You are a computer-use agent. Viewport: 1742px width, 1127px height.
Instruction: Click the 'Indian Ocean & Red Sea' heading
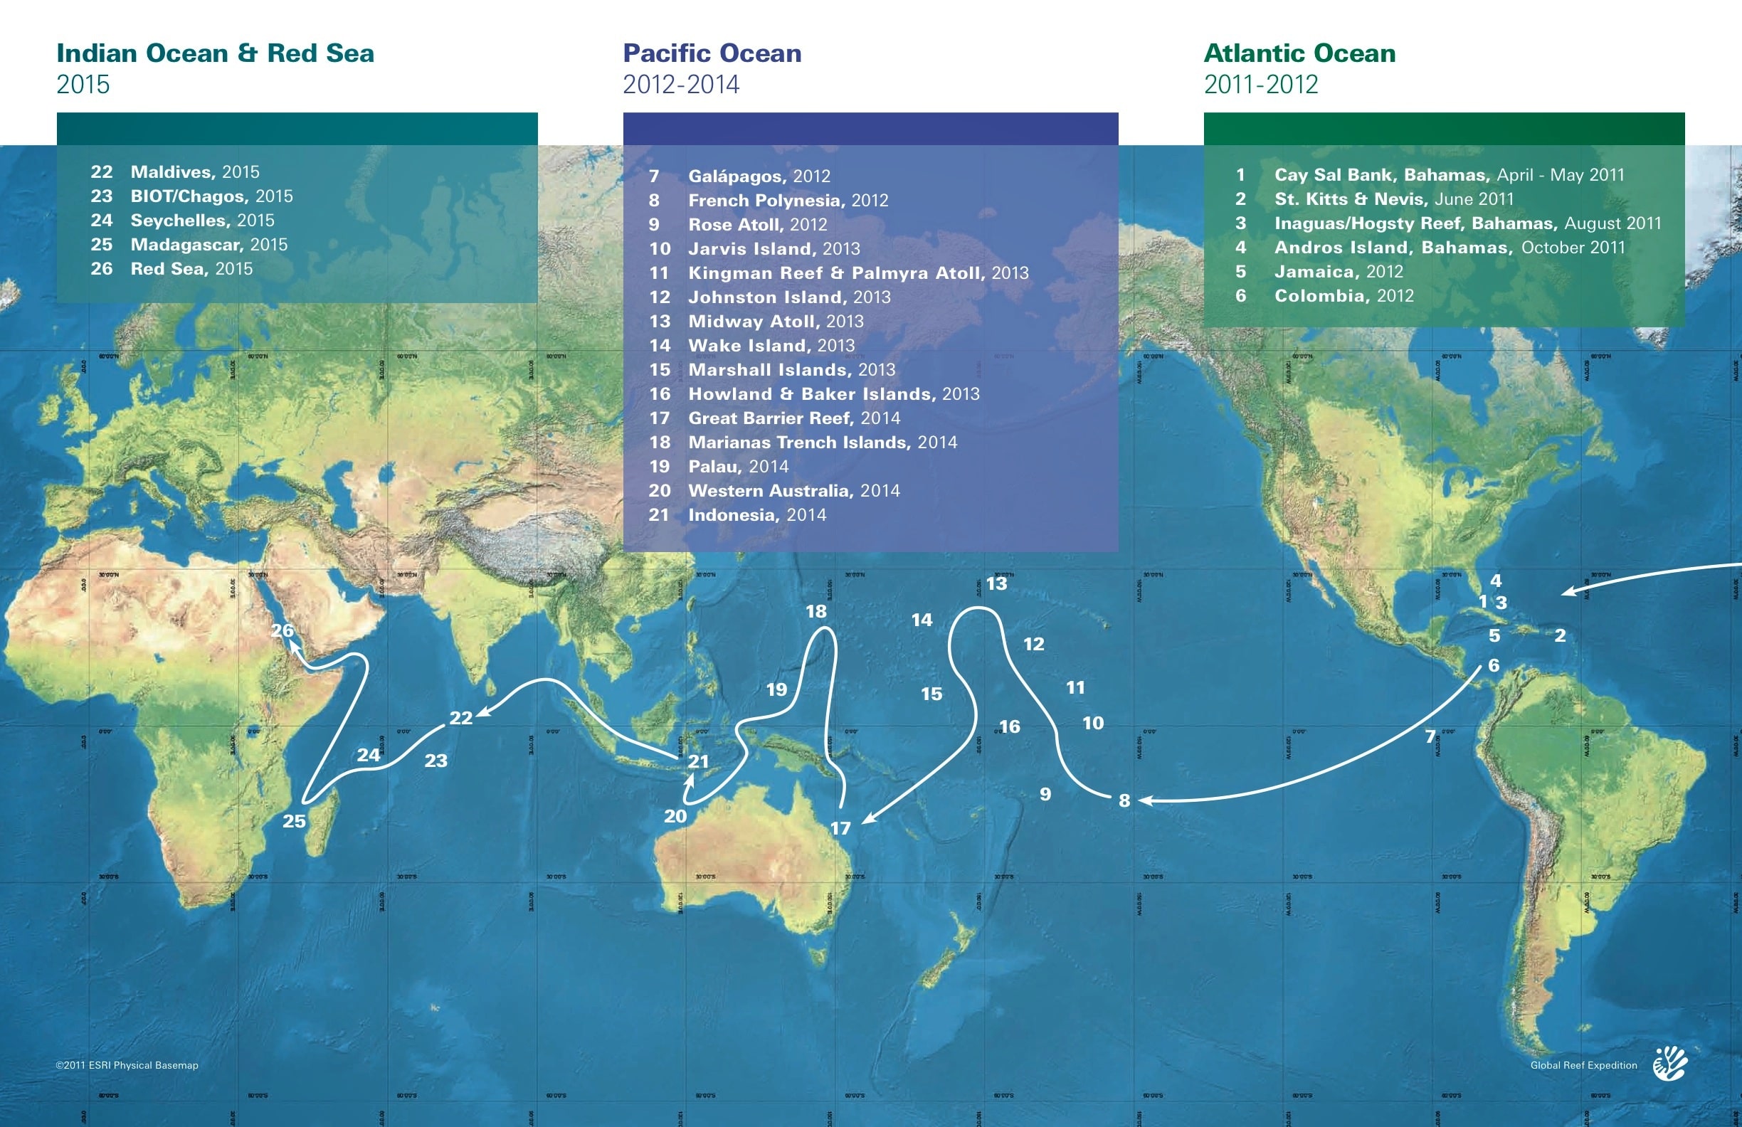click(215, 53)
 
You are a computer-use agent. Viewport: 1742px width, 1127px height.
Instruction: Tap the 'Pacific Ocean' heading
click(712, 53)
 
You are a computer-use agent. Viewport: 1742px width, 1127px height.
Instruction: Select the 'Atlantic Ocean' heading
click(1299, 53)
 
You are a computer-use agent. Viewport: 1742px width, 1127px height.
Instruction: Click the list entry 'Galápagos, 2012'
click(759, 176)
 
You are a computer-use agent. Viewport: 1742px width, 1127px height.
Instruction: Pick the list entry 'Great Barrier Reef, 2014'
click(793, 418)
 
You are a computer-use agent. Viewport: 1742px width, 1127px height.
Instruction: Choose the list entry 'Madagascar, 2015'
click(208, 245)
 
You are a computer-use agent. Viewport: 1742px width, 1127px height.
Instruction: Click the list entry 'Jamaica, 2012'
click(1338, 272)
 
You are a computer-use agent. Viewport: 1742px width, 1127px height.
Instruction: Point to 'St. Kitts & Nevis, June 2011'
click(1393, 199)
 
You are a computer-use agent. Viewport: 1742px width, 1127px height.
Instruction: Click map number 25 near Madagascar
click(294, 821)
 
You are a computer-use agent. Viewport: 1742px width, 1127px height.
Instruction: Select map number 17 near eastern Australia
click(840, 827)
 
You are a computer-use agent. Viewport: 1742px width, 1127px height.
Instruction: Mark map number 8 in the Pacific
click(1124, 800)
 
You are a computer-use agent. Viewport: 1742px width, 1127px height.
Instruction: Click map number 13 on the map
click(996, 584)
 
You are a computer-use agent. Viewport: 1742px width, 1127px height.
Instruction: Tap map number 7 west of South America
click(1430, 736)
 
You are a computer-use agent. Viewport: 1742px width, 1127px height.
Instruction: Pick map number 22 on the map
click(460, 718)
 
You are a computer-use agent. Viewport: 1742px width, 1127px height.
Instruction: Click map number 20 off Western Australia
click(675, 816)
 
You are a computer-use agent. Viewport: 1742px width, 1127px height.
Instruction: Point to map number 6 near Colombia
click(1494, 665)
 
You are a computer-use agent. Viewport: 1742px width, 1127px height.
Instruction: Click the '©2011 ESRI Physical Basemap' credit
click(127, 1065)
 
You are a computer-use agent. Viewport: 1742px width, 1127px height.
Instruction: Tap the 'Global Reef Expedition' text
click(1583, 1065)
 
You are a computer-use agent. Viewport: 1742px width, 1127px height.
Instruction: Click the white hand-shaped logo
click(1670, 1064)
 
